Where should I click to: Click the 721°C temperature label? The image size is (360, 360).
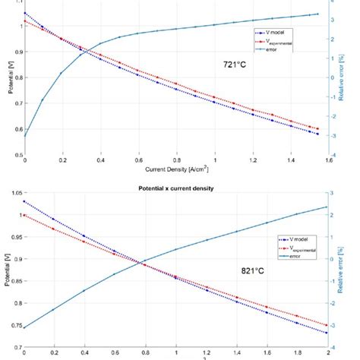click(235, 65)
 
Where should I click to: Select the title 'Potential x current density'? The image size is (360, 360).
click(178, 187)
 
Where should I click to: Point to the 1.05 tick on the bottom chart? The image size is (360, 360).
click(13, 194)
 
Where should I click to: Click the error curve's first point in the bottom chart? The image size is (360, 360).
click(25, 328)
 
